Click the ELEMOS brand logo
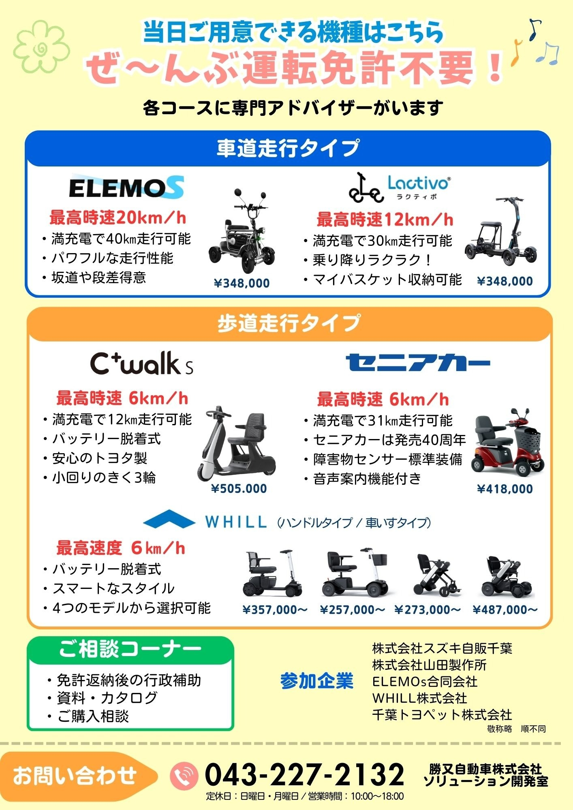coord(126,187)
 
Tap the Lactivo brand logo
coord(399,187)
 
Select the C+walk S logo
coord(141,363)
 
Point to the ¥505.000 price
coord(239,489)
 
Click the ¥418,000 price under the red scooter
coord(505,489)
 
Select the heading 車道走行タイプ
coord(288,148)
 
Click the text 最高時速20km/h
coord(118,217)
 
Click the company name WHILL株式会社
coord(420,698)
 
